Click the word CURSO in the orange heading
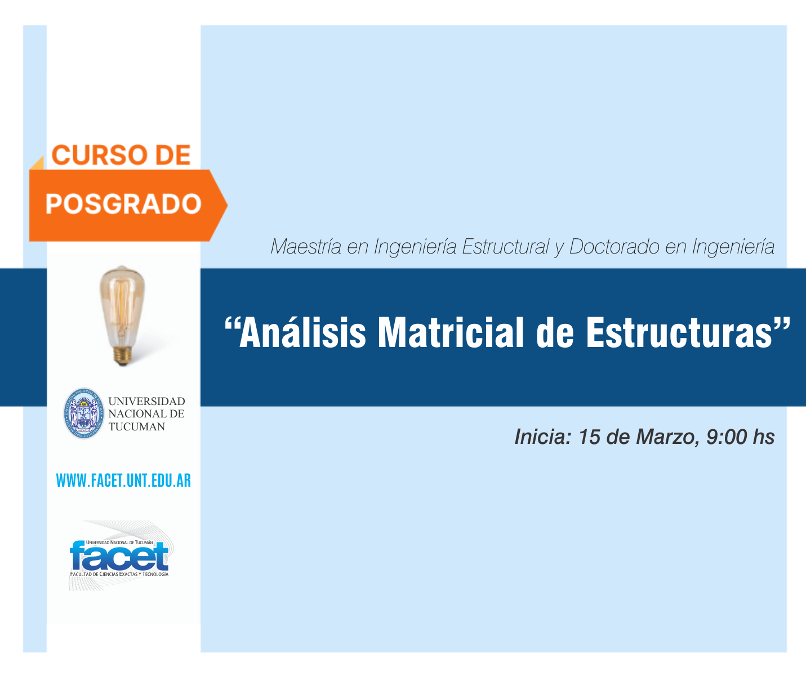[x=99, y=155]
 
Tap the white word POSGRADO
[x=123, y=204]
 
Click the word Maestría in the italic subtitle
[x=306, y=247]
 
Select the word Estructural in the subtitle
[x=505, y=247]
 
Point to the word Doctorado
[x=614, y=247]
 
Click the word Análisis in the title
[x=302, y=332]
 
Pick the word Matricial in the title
[x=451, y=332]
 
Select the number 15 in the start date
[x=590, y=437]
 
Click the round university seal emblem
[x=84, y=413]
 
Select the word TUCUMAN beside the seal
[x=137, y=426]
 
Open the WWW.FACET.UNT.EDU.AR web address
[x=123, y=481]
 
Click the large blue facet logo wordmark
[x=119, y=557]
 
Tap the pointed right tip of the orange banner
[x=227, y=206]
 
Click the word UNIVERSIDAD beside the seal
[x=146, y=401]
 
